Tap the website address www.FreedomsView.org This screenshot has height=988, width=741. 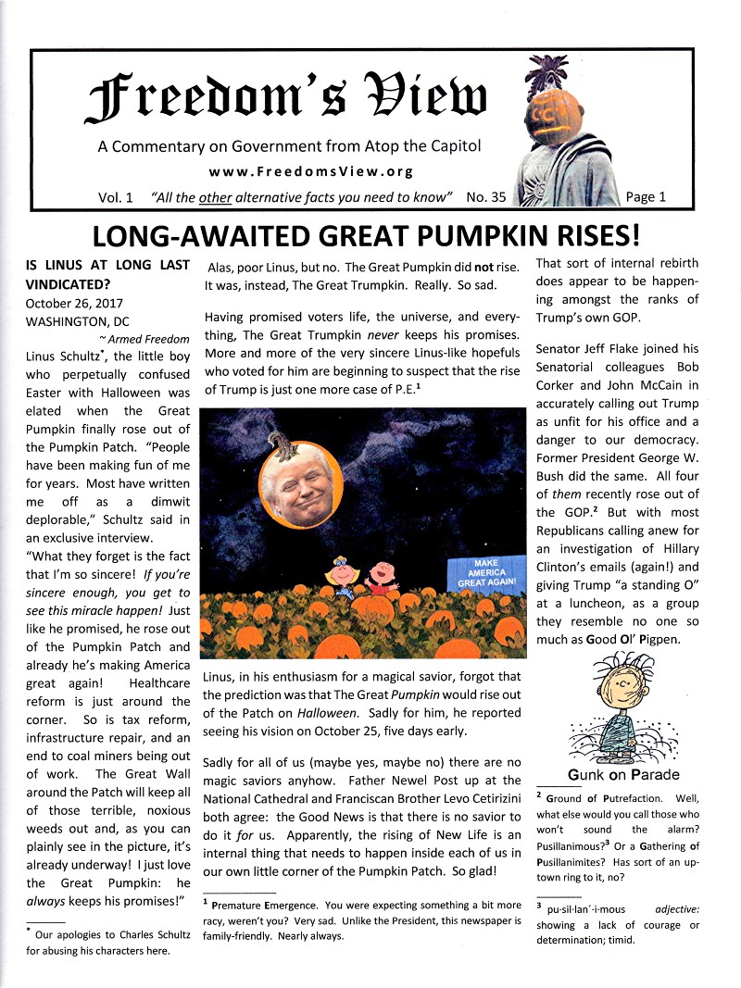[310, 171]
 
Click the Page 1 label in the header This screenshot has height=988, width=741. [646, 197]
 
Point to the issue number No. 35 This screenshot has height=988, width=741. [485, 197]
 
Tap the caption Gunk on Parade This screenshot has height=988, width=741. [622, 775]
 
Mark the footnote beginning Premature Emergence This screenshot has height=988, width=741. [269, 904]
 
